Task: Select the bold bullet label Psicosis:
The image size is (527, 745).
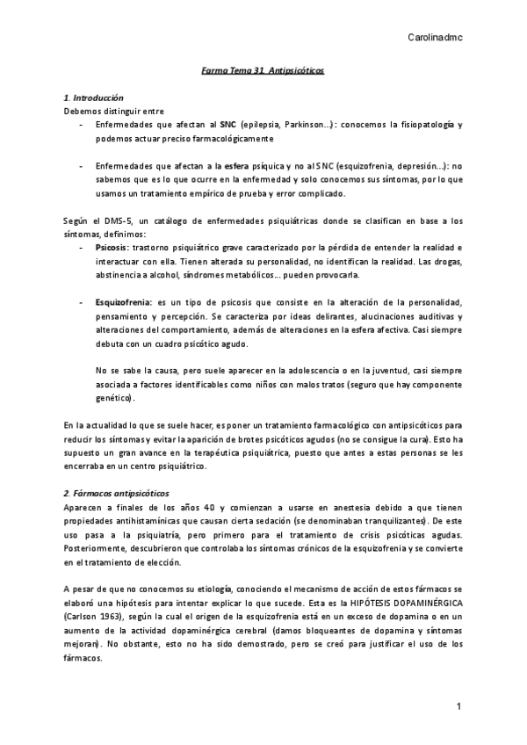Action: click(x=112, y=249)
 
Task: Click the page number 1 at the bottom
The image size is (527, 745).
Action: click(x=458, y=708)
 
